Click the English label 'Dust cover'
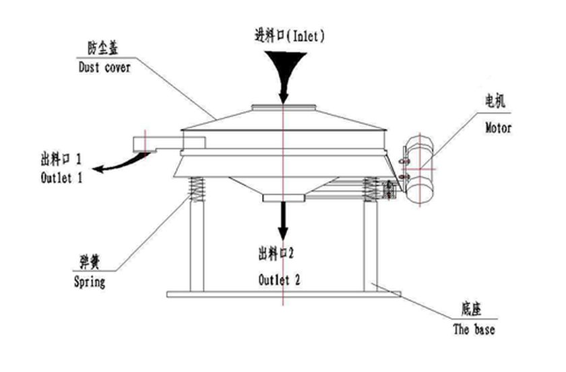(104, 67)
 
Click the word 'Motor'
(498, 128)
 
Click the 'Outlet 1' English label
(61, 178)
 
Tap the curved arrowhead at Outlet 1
(99, 168)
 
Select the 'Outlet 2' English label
(279, 280)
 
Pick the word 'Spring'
(90, 282)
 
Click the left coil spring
(197, 189)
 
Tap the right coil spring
(371, 189)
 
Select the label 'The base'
(474, 329)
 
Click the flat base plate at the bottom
(284, 295)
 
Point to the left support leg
(197, 246)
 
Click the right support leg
(371, 246)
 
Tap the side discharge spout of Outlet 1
(169, 144)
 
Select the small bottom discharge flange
(284, 198)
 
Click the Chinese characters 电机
(495, 102)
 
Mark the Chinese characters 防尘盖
(103, 48)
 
